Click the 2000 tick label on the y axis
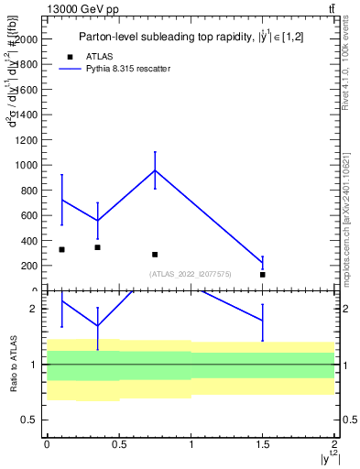[x=27, y=40]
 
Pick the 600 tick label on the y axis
[x=29, y=216]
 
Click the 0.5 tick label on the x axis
[x=118, y=444]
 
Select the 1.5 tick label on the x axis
[x=262, y=444]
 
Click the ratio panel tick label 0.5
[x=29, y=420]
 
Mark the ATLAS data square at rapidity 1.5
[x=262, y=275]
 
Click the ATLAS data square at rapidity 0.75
[x=155, y=255]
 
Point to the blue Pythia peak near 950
[x=155, y=170]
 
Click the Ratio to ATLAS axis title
[x=13, y=365]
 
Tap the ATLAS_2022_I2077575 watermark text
[x=190, y=275]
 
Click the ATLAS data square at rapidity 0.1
[x=61, y=249]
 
